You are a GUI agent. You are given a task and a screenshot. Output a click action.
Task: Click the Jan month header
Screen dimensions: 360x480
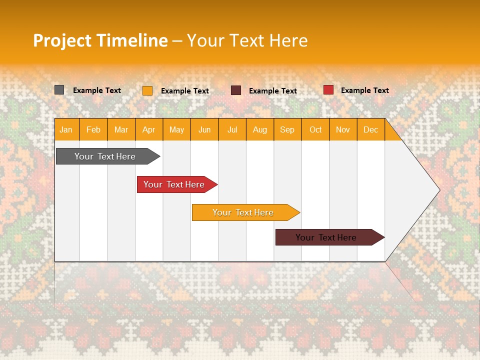(x=66, y=129)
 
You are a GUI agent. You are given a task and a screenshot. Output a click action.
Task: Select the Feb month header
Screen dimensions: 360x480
(x=93, y=129)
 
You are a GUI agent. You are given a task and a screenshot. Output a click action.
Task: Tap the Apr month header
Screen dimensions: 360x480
(x=148, y=129)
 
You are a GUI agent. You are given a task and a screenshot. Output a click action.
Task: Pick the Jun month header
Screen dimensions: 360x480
(x=204, y=129)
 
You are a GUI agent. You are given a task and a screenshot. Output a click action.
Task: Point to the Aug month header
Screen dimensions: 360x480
(x=259, y=129)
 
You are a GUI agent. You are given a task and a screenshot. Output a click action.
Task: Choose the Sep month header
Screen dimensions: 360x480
(x=287, y=129)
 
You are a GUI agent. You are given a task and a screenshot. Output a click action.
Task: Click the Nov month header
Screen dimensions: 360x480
(x=343, y=129)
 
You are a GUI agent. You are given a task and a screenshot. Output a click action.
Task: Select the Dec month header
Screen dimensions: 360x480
(x=370, y=129)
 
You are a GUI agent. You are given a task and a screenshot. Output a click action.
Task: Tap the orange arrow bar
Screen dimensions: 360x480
(x=243, y=212)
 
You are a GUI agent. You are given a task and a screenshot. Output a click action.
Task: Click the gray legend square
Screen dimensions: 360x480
(x=59, y=90)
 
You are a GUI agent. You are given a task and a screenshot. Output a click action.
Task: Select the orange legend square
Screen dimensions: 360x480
(x=147, y=90)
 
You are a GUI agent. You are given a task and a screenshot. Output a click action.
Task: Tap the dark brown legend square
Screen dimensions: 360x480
(x=235, y=90)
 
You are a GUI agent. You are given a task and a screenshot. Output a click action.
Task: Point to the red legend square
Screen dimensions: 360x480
(x=328, y=90)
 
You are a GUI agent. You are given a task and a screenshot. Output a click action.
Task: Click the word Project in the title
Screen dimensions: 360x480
(x=61, y=40)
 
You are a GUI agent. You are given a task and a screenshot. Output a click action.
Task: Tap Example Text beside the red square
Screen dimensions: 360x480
(x=364, y=90)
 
